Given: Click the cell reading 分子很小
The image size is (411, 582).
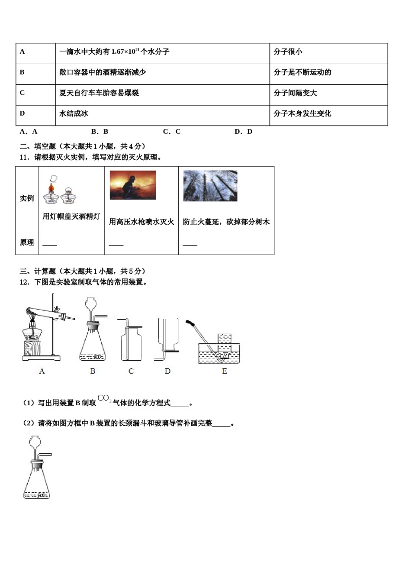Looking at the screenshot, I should tap(288, 52).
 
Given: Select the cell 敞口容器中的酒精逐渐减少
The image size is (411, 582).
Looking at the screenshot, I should tap(103, 72).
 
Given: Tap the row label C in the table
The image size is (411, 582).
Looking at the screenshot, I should tap(22, 93).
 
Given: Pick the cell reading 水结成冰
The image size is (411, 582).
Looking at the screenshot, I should tap(74, 113).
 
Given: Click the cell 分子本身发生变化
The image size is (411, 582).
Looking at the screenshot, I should tap(302, 113).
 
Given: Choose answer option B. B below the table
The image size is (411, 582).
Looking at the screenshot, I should tap(100, 132).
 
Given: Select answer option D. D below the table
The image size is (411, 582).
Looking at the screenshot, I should tap(243, 132).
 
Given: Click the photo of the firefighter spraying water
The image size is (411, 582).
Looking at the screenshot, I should tap(132, 185).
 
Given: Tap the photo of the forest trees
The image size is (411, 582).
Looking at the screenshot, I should tap(210, 186).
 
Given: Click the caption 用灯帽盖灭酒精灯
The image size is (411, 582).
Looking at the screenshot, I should tap(71, 217).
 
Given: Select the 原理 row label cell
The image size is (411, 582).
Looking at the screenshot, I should tap(27, 243).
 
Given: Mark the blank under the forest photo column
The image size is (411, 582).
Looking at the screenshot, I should tap(190, 245).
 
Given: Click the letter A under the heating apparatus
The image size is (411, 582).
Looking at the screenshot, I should tap(42, 371).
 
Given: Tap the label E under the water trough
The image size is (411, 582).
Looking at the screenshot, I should tap(225, 371).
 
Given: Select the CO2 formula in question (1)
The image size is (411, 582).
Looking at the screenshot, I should tap(104, 398).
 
